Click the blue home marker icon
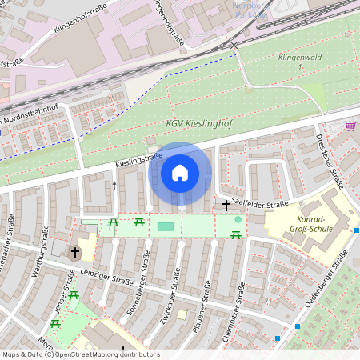coord(180,173)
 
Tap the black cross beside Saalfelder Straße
coord(226,205)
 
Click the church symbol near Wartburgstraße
coord(75,253)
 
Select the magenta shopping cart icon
coord(350,126)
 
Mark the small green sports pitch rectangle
coord(165,227)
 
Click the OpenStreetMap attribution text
coord(81,354)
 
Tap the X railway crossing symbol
coord(234,46)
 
